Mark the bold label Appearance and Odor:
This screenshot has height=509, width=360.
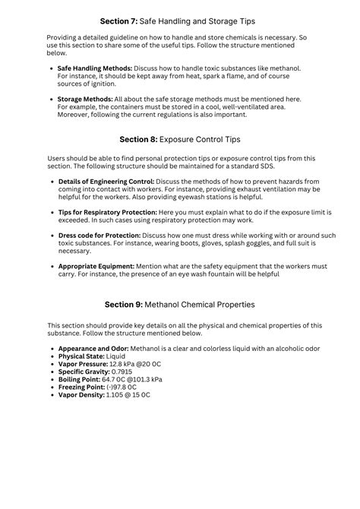click(93, 348)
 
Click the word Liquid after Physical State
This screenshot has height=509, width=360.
click(117, 356)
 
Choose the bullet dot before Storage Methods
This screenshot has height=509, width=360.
click(51, 99)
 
